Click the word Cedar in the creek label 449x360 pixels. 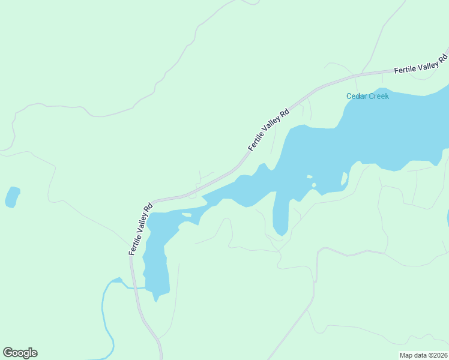(x=357, y=96)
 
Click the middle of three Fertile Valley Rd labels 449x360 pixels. (x=268, y=130)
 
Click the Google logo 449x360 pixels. (x=20, y=353)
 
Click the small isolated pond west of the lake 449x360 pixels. (x=12, y=197)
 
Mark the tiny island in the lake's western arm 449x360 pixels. (x=186, y=215)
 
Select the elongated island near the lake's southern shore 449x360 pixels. (x=345, y=178)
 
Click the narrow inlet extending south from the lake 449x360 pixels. (x=280, y=216)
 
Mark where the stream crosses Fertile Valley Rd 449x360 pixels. (x=133, y=288)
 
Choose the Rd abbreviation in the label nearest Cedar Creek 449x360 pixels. (x=444, y=59)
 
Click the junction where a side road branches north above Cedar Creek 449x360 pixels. (x=363, y=74)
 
